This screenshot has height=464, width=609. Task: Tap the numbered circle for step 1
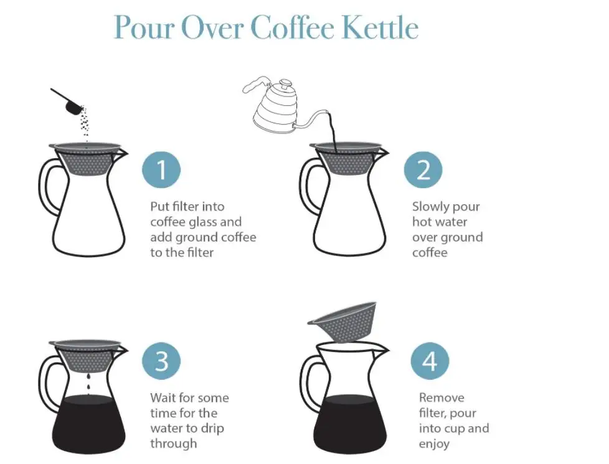tap(161, 169)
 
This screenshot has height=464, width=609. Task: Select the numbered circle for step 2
tap(423, 169)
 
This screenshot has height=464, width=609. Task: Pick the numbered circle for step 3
tap(161, 361)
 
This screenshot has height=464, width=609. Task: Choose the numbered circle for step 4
tap(430, 361)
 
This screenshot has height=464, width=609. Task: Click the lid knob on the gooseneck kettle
tap(285, 82)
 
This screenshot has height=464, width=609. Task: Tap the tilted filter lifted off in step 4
tap(345, 320)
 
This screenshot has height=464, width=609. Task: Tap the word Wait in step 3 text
tap(164, 398)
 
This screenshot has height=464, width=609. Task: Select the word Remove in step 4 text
tap(441, 398)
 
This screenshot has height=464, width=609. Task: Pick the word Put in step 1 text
tap(160, 207)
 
